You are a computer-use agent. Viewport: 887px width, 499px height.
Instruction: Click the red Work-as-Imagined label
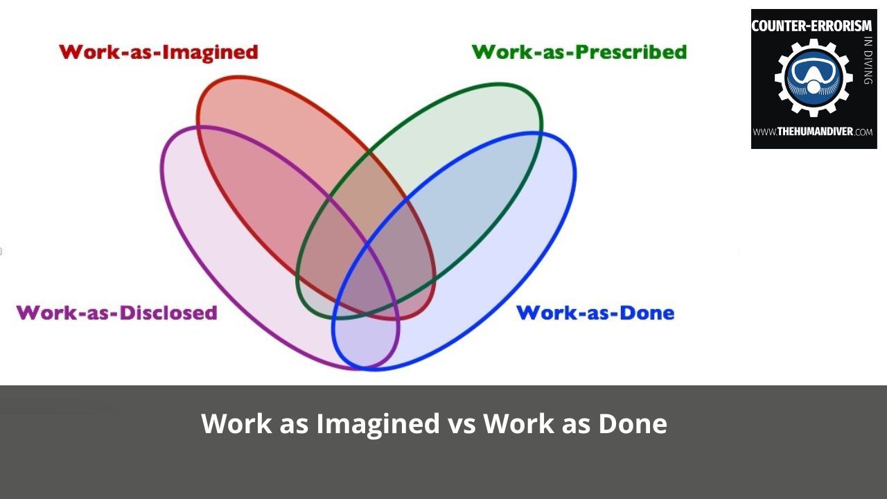pos(158,52)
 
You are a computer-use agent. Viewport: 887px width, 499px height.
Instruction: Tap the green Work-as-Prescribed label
pos(579,52)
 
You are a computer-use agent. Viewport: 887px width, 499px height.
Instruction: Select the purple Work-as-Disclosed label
pos(116,313)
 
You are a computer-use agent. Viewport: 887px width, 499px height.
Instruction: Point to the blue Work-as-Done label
pos(595,313)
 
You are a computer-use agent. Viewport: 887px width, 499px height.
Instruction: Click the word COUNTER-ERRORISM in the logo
pos(811,26)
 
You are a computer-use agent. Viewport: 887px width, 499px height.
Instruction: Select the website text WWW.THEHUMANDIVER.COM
pos(813,132)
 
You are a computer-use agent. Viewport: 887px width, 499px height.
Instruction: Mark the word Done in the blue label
pos(645,313)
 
